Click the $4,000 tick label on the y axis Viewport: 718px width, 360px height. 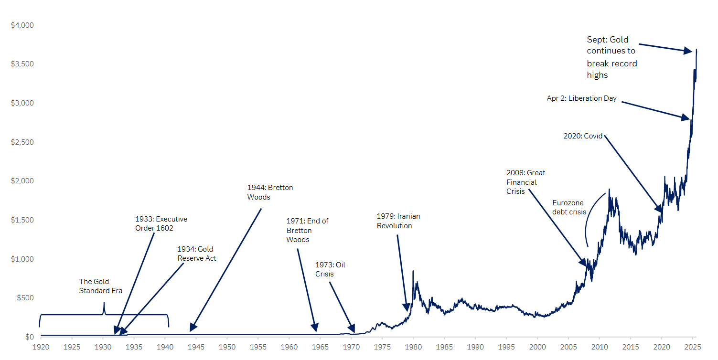tap(22, 25)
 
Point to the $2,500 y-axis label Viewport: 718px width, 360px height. tap(22, 142)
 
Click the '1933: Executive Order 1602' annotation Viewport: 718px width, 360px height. tap(161, 223)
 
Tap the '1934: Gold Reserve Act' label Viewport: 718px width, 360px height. tap(197, 254)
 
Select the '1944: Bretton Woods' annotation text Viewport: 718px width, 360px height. tap(270, 192)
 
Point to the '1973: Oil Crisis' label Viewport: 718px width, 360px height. tap(330, 269)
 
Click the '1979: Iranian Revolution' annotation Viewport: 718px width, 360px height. tap(398, 221)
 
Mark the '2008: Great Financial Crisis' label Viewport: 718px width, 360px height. tap(525, 182)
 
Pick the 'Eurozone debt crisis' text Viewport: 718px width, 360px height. tap(569, 207)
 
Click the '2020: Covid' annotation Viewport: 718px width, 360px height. tap(583, 136)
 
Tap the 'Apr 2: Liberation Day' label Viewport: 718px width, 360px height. tap(581, 98)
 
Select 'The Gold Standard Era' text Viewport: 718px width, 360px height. tap(101, 286)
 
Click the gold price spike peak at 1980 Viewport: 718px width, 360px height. tap(413, 271)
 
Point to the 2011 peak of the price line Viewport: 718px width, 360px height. tap(609, 189)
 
